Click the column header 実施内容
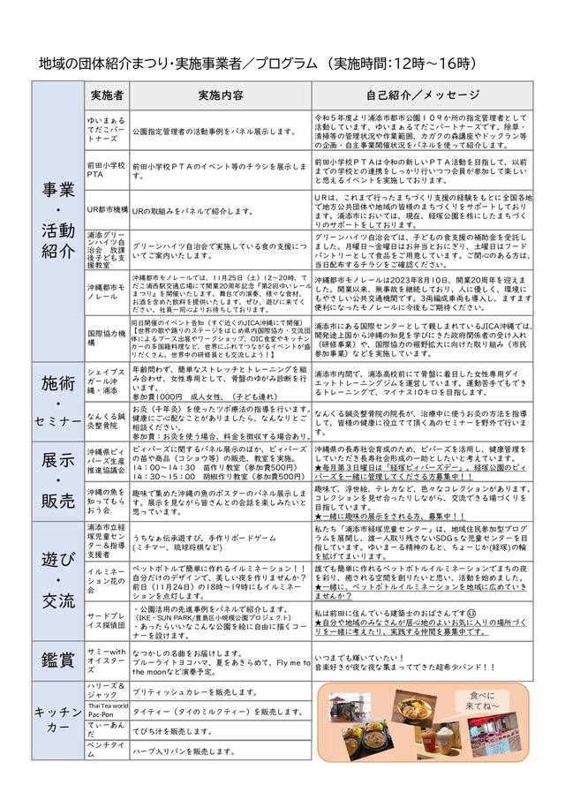tap(220, 94)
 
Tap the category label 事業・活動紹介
tap(56, 223)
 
